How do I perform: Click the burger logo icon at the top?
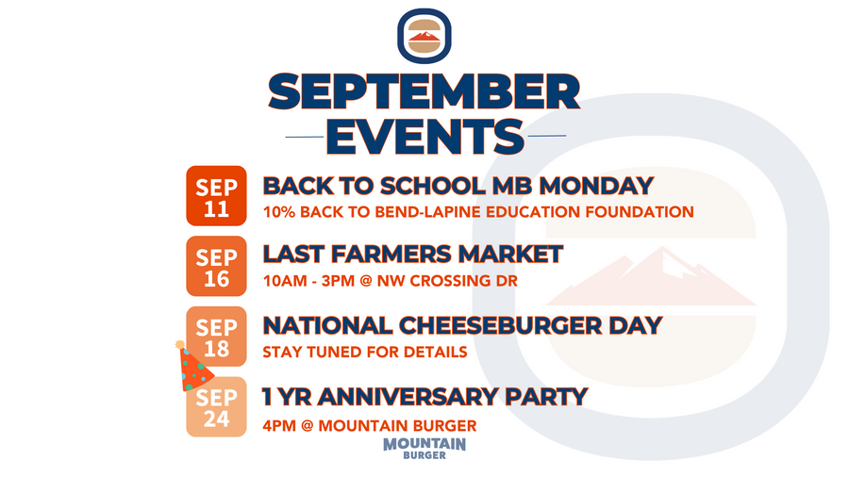pyautogui.click(x=424, y=36)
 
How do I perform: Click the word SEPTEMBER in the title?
pyautogui.click(x=424, y=92)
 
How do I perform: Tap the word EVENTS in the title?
pyautogui.click(x=425, y=137)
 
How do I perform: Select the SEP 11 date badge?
pyautogui.click(x=216, y=196)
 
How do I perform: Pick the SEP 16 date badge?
pyautogui.click(x=216, y=266)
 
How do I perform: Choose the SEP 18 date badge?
pyautogui.click(x=216, y=337)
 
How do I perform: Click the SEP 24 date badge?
pyautogui.click(x=216, y=406)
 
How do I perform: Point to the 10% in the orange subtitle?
pyautogui.click(x=279, y=212)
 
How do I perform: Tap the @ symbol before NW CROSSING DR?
pyautogui.click(x=365, y=281)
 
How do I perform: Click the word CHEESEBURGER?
pyautogui.click(x=500, y=325)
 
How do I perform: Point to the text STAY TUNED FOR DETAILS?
pyautogui.click(x=365, y=352)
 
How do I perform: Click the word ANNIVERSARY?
pyautogui.click(x=408, y=397)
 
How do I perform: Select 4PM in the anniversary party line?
pyautogui.click(x=279, y=425)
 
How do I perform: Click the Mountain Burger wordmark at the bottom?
pyautogui.click(x=424, y=449)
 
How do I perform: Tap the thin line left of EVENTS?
pyautogui.click(x=305, y=137)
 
